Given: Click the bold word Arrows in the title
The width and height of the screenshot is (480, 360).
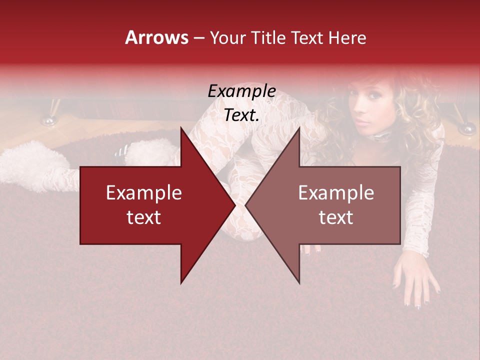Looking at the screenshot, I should pos(156,37).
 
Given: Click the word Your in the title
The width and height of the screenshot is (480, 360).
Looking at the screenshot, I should pos(227,38).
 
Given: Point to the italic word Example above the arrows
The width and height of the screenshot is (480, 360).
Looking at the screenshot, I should pos(241,91).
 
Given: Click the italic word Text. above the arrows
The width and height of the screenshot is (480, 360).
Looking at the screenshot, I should pos(241,115).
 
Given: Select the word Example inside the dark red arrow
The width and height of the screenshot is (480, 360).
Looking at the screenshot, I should pos(144,193).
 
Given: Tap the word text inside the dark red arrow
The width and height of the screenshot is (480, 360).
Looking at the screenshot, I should pos(144,217).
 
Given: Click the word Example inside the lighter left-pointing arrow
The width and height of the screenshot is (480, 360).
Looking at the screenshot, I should pos(336,193).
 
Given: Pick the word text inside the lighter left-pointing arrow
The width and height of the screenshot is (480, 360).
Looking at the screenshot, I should pos(336,217).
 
